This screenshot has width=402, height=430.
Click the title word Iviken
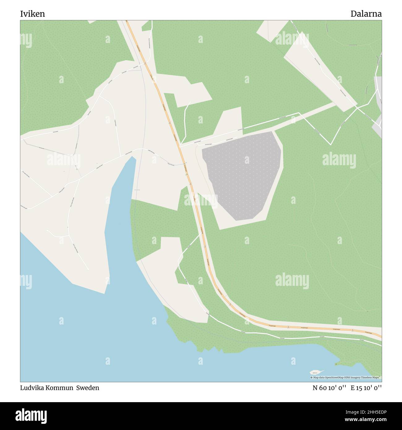(x=32, y=14)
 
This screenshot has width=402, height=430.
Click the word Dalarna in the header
(x=366, y=14)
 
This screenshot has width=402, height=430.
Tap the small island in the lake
(x=316, y=372)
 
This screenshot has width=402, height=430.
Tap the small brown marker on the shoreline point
(x=336, y=364)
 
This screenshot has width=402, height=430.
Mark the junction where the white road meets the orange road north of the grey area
(x=180, y=145)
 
